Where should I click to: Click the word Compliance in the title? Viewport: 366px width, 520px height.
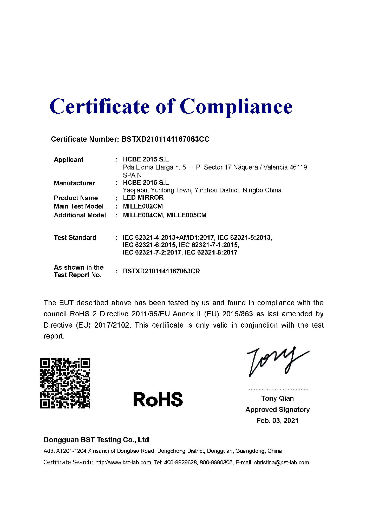(236, 107)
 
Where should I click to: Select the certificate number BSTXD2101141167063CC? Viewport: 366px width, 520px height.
(165, 139)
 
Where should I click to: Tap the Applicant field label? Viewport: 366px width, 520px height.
(69, 160)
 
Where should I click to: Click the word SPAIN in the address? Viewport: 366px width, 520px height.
(132, 175)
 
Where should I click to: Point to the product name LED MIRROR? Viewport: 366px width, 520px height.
(143, 198)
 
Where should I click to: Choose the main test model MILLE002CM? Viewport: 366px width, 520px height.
(143, 206)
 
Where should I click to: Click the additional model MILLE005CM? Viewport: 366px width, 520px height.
(186, 215)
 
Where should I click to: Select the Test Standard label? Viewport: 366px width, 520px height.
(75, 238)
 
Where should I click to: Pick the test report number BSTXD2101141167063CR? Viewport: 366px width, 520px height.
(161, 271)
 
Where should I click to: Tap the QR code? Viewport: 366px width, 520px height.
(65, 383)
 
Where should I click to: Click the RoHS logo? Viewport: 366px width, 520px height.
(158, 400)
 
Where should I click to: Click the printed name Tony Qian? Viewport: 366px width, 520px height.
(277, 398)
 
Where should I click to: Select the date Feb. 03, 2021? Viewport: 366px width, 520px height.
(277, 421)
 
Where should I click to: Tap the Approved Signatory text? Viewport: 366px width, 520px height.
(277, 409)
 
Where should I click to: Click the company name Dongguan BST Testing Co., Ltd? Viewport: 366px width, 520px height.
(96, 440)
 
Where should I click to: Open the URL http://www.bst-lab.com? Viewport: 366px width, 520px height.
(123, 463)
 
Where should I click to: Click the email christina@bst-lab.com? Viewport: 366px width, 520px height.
(282, 463)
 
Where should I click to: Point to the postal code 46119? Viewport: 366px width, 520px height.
(298, 167)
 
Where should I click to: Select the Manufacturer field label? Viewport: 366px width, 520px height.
(74, 183)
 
